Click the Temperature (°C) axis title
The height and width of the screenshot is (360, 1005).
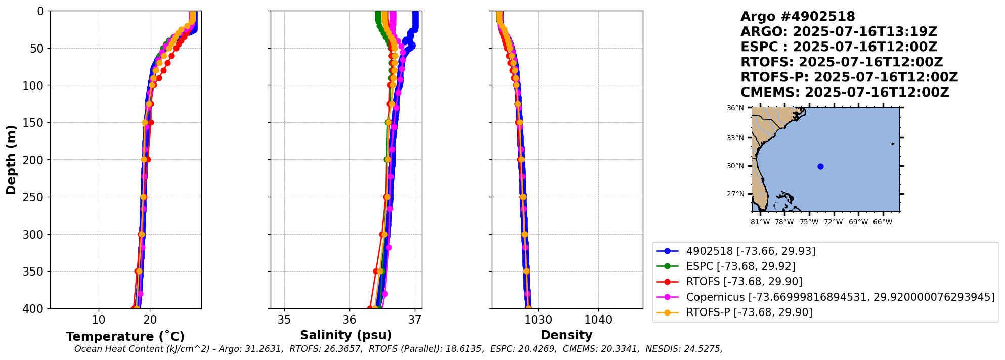coord(125,336)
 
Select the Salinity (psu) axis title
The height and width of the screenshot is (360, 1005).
coord(346,335)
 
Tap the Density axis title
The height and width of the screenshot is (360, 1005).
coord(566,335)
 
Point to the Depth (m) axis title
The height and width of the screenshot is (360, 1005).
coord(11,160)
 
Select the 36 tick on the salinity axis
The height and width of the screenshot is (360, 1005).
coord(349,320)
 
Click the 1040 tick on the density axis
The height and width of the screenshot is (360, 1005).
coord(598,320)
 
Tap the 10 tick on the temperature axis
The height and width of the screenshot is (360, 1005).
coord(99,320)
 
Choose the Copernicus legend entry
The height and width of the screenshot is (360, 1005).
coord(840,297)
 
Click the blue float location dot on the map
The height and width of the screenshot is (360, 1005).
coord(820,166)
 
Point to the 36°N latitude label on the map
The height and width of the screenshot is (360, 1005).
coord(735,108)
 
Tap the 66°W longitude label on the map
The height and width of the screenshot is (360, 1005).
coord(883,222)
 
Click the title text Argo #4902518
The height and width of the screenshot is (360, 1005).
coord(798,17)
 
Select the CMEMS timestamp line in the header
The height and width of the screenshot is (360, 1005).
coord(845,93)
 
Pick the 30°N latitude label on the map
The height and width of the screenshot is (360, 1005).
coord(735,166)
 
